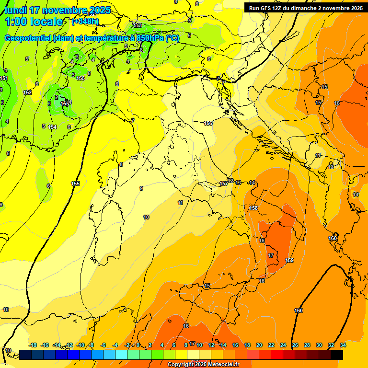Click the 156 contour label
(208, 123)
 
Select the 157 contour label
(224, 184)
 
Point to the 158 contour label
(253, 208)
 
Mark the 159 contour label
(289, 260)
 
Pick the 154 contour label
(52, 127)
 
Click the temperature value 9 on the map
(141, 188)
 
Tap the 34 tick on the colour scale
(343, 345)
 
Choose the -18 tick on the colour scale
(33, 345)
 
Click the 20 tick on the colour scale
(259, 345)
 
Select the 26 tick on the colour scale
(295, 345)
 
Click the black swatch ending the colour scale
(337, 355)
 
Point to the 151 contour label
(4, 78)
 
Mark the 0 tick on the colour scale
(138, 345)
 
